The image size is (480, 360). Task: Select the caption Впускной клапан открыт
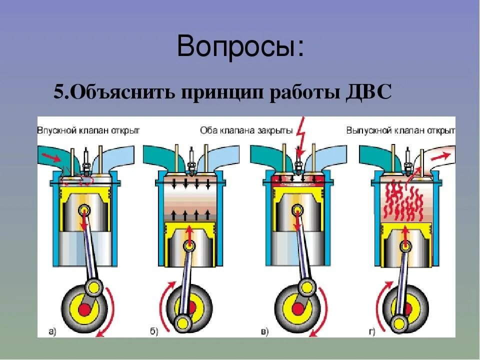coord(88,130)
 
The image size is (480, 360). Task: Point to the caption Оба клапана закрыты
coord(246,130)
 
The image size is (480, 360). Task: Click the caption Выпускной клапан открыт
coord(400,130)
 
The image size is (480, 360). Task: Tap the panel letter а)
coord(52,330)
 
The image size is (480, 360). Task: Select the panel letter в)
coord(264,330)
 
